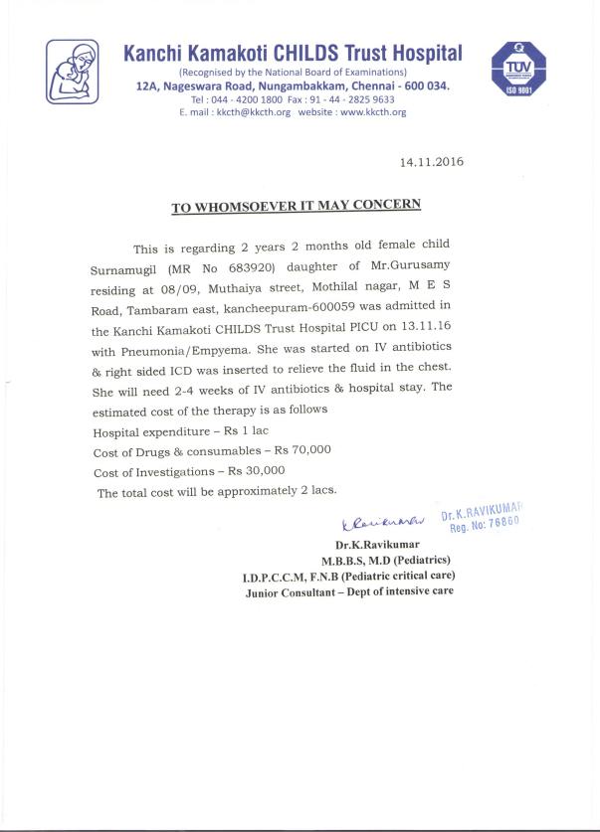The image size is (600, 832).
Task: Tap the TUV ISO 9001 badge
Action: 519,70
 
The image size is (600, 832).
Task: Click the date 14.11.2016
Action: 431,161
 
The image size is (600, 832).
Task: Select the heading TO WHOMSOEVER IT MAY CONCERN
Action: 296,206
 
